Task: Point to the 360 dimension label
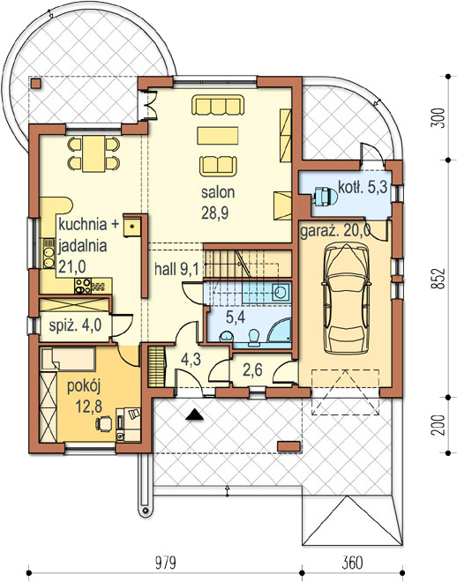click(351, 563)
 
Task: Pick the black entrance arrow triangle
click(194, 414)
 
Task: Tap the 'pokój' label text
click(84, 387)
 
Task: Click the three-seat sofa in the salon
click(218, 105)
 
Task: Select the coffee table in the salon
click(218, 136)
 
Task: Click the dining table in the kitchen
click(94, 153)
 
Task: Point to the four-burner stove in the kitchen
click(83, 286)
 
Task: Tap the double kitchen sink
click(49, 253)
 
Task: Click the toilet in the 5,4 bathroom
click(254, 338)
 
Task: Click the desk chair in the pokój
click(103, 423)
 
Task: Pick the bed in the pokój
click(68, 359)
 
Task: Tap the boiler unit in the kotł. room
click(325, 196)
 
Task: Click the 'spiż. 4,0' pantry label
click(75, 325)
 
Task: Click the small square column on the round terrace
click(36, 83)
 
